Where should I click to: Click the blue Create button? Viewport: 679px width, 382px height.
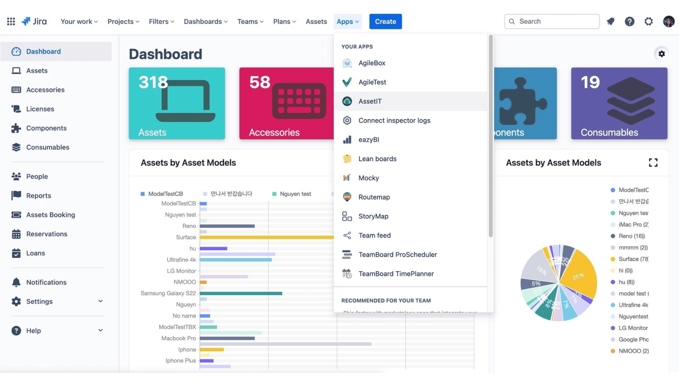385,22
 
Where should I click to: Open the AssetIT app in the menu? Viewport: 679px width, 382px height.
370,102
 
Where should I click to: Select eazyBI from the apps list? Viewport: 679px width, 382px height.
368,140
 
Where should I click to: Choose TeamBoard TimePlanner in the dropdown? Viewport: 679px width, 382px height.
396,274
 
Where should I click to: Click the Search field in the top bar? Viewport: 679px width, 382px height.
552,22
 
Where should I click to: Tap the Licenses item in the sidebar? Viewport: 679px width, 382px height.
40,109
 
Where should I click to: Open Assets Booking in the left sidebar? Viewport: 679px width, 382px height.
50,215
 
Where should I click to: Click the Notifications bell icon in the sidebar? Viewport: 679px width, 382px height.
16,282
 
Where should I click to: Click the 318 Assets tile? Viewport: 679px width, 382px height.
177,103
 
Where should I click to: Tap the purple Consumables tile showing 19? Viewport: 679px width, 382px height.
619,103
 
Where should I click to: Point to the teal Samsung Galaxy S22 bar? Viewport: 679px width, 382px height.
241,294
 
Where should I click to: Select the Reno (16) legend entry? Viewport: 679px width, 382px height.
631,236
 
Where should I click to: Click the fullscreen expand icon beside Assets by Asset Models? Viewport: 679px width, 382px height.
653,163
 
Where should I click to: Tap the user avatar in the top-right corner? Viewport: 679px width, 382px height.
668,22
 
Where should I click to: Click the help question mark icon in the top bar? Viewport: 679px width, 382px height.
629,22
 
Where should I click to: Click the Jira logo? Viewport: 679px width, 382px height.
34,22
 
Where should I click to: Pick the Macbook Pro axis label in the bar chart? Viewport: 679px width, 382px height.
179,338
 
